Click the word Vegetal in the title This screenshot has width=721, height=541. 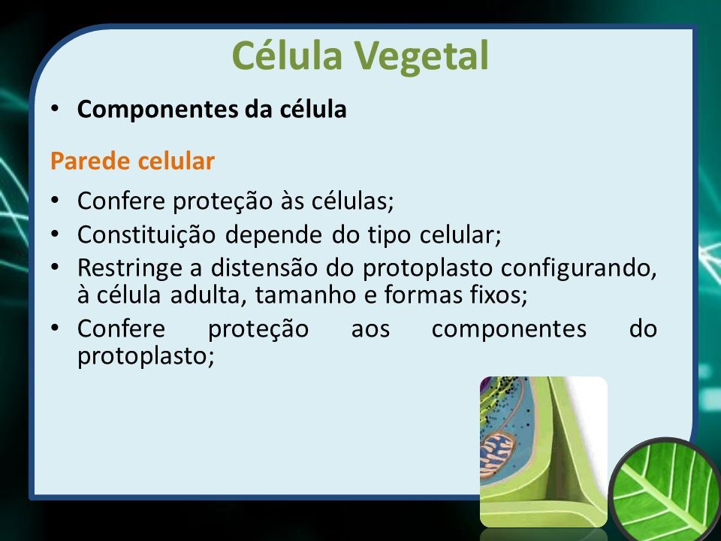click(x=421, y=56)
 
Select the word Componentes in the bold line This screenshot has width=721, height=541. click(x=158, y=110)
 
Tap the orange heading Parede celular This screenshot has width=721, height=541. click(x=132, y=161)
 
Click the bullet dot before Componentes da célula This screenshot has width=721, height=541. click(x=55, y=108)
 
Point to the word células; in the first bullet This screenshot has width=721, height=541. click(x=353, y=201)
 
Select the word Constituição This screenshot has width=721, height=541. click(x=146, y=235)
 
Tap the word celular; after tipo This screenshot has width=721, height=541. click(x=460, y=235)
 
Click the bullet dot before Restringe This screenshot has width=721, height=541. click(x=55, y=267)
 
